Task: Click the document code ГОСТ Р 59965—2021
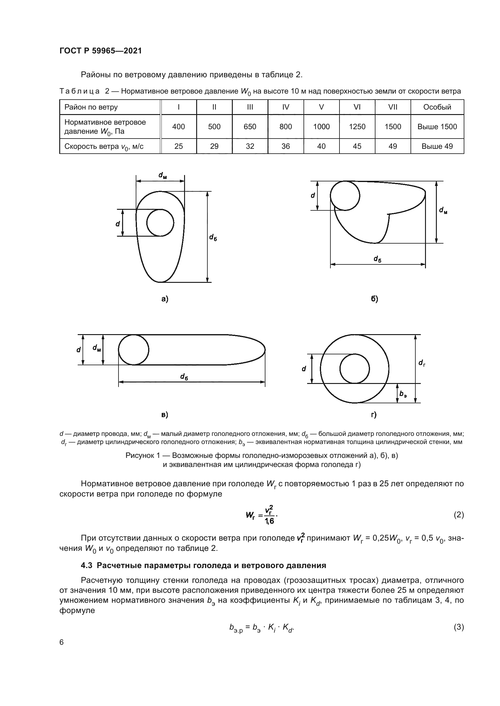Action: coord(100,51)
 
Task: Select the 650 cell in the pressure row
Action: coord(250,127)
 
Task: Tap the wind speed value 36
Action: coord(285,146)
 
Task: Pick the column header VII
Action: coord(393,107)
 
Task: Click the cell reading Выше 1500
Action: coord(437,127)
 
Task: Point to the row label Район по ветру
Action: coord(91,107)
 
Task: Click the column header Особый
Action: coord(437,107)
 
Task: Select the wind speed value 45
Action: coord(357,146)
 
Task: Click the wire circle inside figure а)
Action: coord(160,223)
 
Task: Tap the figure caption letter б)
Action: coord(374,299)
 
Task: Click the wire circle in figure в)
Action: coord(134,350)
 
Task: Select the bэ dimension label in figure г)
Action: coord(403,394)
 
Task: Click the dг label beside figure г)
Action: coord(422,363)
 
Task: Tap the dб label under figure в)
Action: coord(184,377)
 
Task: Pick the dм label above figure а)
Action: coord(163,175)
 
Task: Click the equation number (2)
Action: coord(459,515)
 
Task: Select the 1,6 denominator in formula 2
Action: coord(269,521)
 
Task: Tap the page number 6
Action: coord(62,642)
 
